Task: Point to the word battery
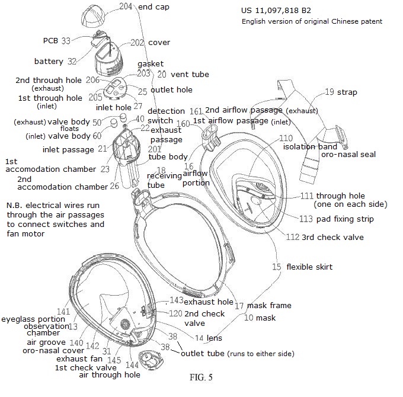[x=48, y=61]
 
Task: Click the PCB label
[x=50, y=41]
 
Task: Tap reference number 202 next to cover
[x=137, y=43]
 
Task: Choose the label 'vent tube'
[x=190, y=75]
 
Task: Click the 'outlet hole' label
[x=171, y=90]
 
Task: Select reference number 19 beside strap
[x=330, y=92]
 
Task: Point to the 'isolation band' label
[x=310, y=146]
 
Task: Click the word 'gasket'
[x=151, y=63]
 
